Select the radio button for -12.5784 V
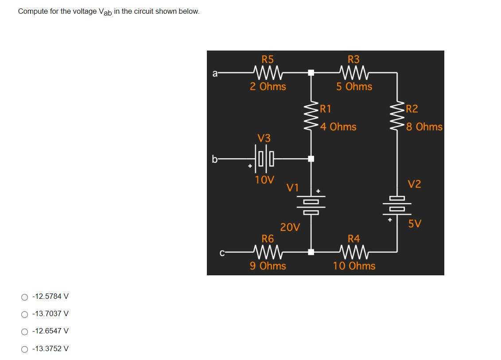click(x=24, y=297)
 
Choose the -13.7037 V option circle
click(x=24, y=314)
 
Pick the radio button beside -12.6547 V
click(x=24, y=331)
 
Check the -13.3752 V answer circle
click(x=24, y=349)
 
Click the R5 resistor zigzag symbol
click(x=268, y=72)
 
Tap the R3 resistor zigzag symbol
click(x=353, y=72)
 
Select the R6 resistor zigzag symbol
click(x=268, y=252)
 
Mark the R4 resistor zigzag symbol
click(x=353, y=252)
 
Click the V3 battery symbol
click(x=265, y=158)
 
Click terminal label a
click(x=215, y=74)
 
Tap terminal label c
click(x=222, y=253)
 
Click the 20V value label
click(x=290, y=227)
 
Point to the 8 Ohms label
click(x=424, y=127)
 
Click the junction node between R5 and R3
click(x=311, y=72)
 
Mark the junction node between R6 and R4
click(x=311, y=252)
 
